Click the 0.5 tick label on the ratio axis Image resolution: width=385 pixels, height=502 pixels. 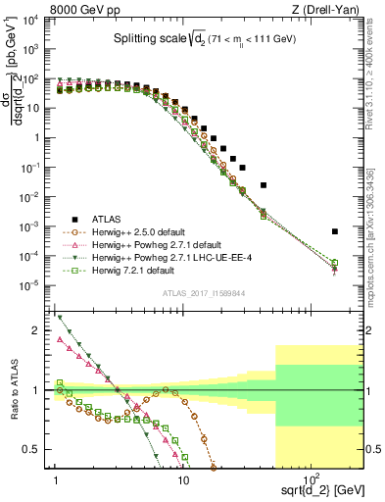[36, 450]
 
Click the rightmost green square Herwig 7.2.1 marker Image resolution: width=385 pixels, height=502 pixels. [334, 263]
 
